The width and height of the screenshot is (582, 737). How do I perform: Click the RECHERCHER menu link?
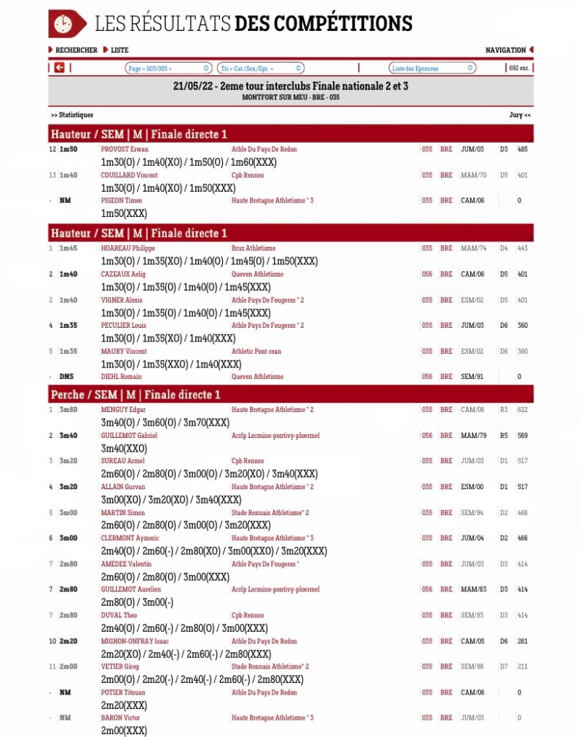[x=76, y=50]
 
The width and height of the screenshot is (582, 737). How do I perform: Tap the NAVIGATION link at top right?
[x=506, y=50]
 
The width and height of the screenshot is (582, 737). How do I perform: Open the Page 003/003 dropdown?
[x=168, y=68]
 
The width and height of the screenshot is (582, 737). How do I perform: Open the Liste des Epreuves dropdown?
[x=432, y=68]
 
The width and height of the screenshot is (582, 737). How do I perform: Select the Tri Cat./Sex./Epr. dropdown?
[x=255, y=68]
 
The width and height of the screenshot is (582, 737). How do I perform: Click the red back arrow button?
[x=59, y=68]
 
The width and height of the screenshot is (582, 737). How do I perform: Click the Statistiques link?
[x=72, y=115]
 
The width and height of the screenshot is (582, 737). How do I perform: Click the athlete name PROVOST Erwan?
[x=125, y=149]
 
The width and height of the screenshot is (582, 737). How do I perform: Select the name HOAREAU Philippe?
[x=128, y=249]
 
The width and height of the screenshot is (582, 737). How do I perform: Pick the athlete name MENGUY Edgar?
[x=123, y=410]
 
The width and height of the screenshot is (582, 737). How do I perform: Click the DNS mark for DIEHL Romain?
[x=66, y=377]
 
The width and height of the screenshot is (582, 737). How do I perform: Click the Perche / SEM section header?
[x=136, y=395]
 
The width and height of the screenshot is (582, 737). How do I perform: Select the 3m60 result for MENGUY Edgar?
[x=68, y=410]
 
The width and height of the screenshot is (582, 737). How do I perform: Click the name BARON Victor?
[x=120, y=718]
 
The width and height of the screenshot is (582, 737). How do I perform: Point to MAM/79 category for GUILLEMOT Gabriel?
[x=473, y=436]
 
